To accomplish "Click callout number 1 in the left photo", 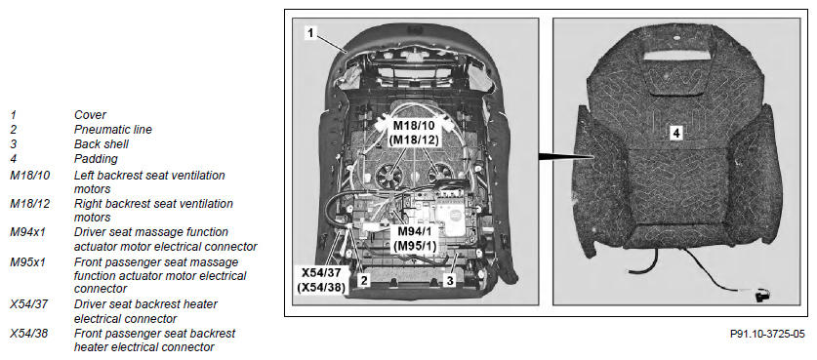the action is click(x=310, y=33).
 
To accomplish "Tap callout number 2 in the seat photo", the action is click(x=364, y=280).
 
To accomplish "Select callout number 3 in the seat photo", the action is click(x=449, y=280).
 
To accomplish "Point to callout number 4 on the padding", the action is click(x=675, y=134).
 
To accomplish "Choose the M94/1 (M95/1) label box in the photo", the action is click(x=416, y=239).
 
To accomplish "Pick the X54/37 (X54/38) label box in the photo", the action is click(x=321, y=280).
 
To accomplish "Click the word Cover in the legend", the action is click(x=90, y=114).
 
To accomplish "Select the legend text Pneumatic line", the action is click(x=113, y=129).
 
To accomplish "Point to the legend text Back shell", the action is click(x=102, y=143).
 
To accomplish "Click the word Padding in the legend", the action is click(x=96, y=158).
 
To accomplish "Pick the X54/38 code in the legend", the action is click(x=28, y=333).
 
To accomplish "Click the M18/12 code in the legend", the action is click(x=29, y=203).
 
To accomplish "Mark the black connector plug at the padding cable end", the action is click(x=760, y=296).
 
